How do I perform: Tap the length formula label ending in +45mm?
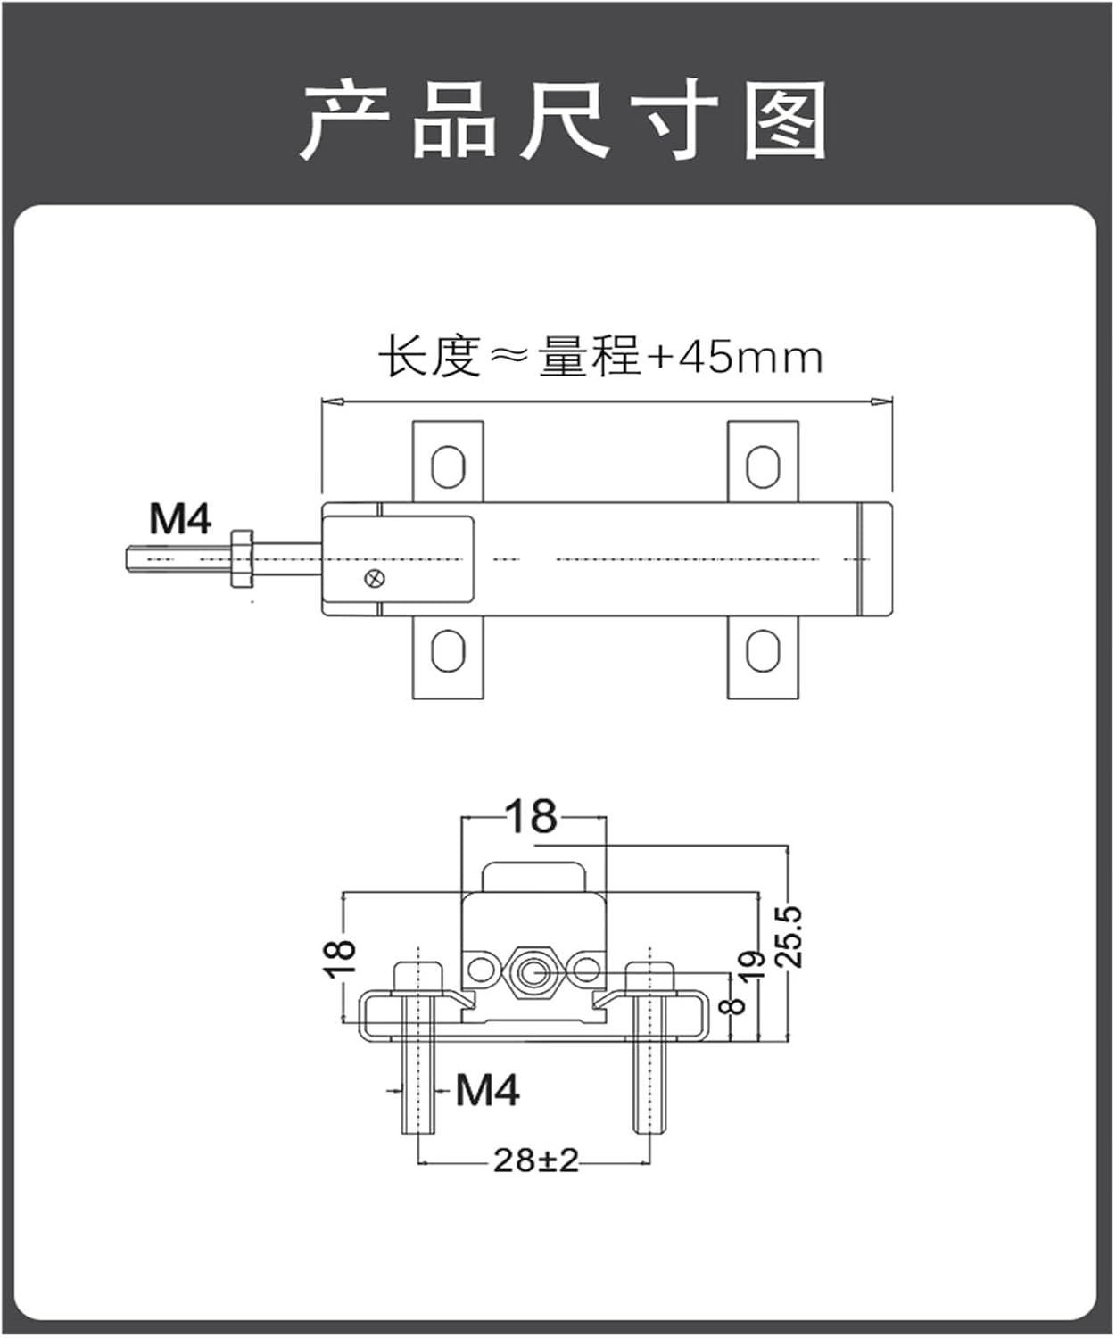[599, 357]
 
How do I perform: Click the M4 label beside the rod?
[180, 519]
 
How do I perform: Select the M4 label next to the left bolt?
[487, 1089]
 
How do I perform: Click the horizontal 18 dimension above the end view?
[532, 816]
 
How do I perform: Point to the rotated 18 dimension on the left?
[340, 958]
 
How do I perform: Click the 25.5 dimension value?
[789, 937]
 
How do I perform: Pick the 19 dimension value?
[753, 966]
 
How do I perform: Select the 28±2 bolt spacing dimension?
[536, 1160]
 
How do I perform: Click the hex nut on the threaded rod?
[242, 559]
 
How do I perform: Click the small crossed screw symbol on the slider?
[376, 579]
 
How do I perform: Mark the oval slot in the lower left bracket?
[447, 651]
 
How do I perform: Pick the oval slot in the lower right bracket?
[762, 651]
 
